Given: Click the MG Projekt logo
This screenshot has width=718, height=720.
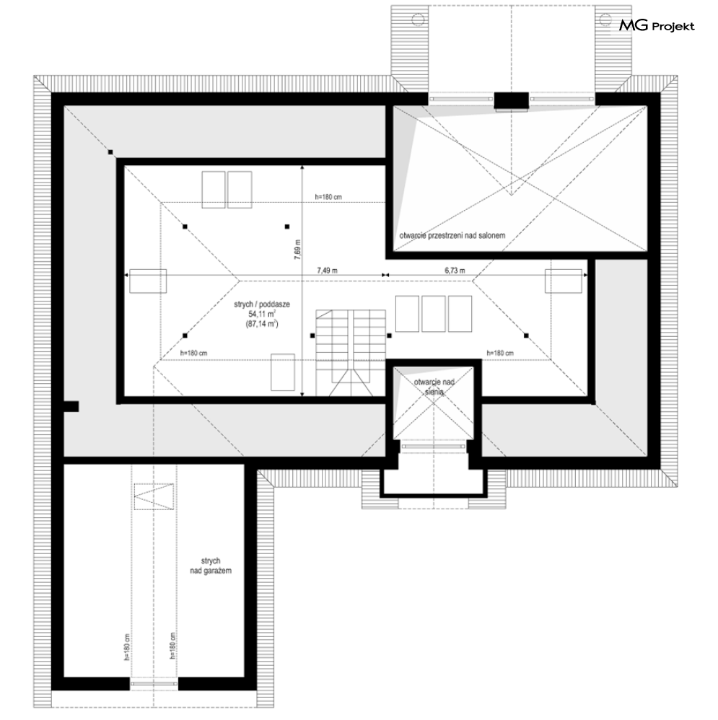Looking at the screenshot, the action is pyautogui.click(x=657, y=25).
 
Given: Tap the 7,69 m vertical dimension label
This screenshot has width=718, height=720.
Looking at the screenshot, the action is pyautogui.click(x=297, y=251).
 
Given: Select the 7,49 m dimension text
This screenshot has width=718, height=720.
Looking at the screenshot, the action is pyautogui.click(x=327, y=271).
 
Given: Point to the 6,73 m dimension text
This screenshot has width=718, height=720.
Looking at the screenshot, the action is pyautogui.click(x=455, y=271).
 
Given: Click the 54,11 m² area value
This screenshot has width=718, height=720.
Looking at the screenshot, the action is pyautogui.click(x=262, y=314).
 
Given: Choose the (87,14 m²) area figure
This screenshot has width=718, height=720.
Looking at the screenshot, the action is pyautogui.click(x=262, y=324).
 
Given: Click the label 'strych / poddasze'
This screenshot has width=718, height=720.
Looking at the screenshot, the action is pyautogui.click(x=262, y=304).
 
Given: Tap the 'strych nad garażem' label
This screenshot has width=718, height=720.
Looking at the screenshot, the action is pyautogui.click(x=211, y=566).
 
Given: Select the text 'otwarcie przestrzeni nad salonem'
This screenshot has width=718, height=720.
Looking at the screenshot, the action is pyautogui.click(x=452, y=236).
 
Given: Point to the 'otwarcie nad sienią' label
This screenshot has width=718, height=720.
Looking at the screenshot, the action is pyautogui.click(x=434, y=387).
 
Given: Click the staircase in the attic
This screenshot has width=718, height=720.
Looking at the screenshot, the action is pyautogui.click(x=351, y=353).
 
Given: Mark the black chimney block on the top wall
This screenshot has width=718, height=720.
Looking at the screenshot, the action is pyautogui.click(x=512, y=101).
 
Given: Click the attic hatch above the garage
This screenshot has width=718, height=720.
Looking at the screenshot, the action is pyautogui.click(x=154, y=496).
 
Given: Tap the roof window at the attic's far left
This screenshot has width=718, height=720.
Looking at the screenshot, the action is pyautogui.click(x=148, y=281).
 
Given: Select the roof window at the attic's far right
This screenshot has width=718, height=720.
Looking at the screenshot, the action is pyautogui.click(x=564, y=281).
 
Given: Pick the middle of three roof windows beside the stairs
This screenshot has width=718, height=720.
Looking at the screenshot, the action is pyautogui.click(x=434, y=314).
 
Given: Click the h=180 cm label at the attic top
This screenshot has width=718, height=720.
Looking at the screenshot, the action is pyautogui.click(x=328, y=197).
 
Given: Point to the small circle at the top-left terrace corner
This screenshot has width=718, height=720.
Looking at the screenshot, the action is pyautogui.click(x=418, y=19).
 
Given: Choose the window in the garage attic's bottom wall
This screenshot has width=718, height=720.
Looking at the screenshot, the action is pyautogui.click(x=154, y=684).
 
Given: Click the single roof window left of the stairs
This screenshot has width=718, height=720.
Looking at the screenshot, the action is pyautogui.click(x=283, y=372).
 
